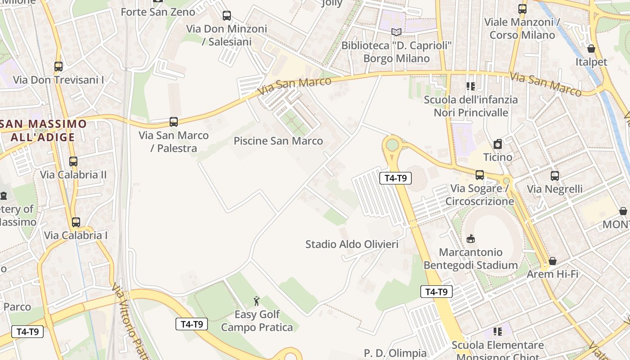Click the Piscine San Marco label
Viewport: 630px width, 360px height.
coord(278,141)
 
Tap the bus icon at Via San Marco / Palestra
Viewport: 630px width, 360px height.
coord(174,121)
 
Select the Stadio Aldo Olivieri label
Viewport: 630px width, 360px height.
coord(352,244)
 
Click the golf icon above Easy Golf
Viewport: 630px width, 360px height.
coord(256,301)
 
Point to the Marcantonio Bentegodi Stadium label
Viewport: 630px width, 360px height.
coord(471,259)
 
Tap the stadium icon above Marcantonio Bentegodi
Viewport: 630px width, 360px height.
coord(471,238)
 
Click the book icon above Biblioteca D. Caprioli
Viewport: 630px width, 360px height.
coord(396,32)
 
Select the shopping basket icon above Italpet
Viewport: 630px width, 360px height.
coord(591,49)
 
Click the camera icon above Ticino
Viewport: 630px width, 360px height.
coord(498,144)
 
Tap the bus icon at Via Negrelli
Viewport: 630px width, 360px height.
coord(555,175)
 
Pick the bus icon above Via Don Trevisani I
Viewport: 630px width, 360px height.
coord(58,67)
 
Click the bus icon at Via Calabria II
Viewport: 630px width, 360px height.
coord(73,161)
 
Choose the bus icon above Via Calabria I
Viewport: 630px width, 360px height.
coord(76,222)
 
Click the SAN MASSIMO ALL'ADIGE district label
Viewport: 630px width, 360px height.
coord(43,130)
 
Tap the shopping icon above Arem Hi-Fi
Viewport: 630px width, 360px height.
coord(553,261)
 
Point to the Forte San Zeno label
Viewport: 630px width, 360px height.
coord(158,12)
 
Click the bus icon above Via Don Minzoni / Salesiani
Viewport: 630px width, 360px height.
coord(227,16)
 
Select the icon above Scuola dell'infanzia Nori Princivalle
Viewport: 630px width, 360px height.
coord(471,86)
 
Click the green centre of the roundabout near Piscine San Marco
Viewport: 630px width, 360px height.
coord(392,145)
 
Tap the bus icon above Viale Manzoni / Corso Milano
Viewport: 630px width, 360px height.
coord(522,9)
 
